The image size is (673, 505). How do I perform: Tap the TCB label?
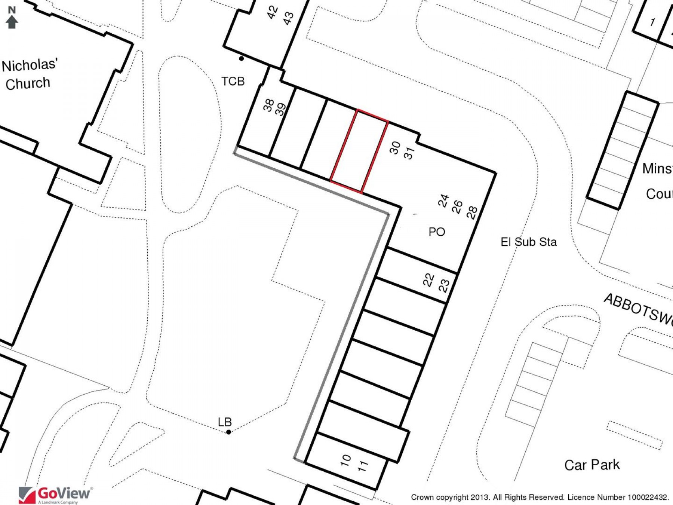[x=233, y=81]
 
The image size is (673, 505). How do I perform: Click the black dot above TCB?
[x=242, y=58]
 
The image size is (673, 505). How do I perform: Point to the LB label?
[x=225, y=422]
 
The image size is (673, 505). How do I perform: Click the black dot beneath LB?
[x=228, y=432]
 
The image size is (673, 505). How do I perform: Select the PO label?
[x=437, y=232]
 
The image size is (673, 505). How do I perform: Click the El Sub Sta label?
[x=529, y=242]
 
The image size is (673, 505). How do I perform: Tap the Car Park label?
[x=592, y=465]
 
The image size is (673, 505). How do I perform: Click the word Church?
[x=28, y=83]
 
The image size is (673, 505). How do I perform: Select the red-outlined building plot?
[x=359, y=151]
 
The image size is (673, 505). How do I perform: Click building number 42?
[x=273, y=12]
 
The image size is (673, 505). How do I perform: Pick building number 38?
[x=268, y=105]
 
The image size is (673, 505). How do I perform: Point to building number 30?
[x=395, y=147]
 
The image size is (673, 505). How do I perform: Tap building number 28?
[x=472, y=212]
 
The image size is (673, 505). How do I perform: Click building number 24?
[x=443, y=201]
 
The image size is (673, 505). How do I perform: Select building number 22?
[x=428, y=280]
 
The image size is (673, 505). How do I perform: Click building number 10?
[x=346, y=460]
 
